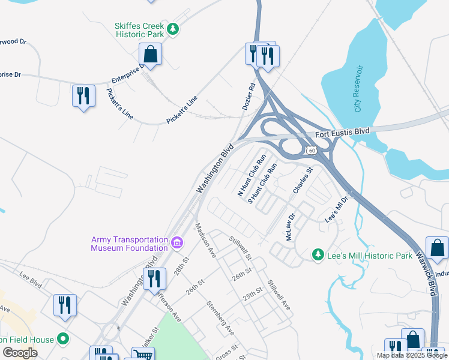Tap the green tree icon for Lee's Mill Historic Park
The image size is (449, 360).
[318, 255]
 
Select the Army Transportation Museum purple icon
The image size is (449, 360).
[177, 243]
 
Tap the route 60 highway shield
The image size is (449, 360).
[310, 150]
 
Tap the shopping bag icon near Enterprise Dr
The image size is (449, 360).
[151, 55]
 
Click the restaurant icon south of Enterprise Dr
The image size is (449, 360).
[83, 96]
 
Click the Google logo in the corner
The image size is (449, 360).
[20, 353]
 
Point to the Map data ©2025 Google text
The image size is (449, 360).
[412, 355]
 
